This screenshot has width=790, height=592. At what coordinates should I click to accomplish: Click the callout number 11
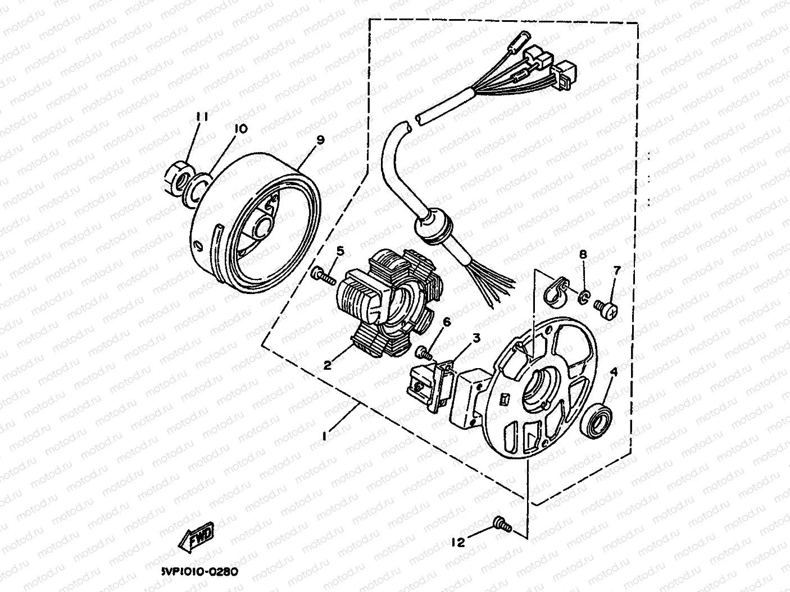(202, 117)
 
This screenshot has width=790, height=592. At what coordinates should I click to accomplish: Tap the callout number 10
(240, 129)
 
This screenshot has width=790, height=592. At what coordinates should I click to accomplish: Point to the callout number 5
(340, 250)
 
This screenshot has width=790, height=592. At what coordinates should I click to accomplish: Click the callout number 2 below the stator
(326, 365)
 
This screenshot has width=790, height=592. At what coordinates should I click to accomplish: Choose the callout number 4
(614, 371)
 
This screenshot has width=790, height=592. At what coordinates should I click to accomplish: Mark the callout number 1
(324, 436)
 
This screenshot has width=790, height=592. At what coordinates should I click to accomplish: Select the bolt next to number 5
(322, 274)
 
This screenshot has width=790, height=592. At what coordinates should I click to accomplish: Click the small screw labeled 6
(424, 352)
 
